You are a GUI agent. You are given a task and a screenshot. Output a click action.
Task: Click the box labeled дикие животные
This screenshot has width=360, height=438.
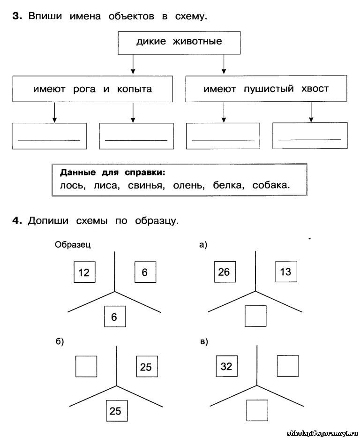point(179,43)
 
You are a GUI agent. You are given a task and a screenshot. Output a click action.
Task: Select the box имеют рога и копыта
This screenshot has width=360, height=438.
point(92,89)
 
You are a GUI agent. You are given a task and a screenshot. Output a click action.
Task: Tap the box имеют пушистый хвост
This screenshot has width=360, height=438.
point(266,89)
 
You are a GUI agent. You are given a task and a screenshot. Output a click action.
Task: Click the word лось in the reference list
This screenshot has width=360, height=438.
point(73,185)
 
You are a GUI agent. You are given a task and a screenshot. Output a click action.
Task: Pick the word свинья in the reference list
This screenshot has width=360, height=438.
point(146,186)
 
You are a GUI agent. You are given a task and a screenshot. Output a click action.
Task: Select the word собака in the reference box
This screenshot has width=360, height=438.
point(271,185)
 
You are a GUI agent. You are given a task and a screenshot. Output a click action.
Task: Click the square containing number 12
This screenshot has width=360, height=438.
point(84,272)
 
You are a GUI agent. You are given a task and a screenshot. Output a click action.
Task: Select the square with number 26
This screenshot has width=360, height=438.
point(225,272)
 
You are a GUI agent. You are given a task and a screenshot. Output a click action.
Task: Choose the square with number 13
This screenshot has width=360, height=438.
point(286,272)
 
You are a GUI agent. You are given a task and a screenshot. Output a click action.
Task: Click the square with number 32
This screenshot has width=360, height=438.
point(227,366)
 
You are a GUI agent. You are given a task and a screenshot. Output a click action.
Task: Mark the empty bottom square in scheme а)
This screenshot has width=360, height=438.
point(255,316)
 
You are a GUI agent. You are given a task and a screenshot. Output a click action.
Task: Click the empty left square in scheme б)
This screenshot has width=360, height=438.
point(86,366)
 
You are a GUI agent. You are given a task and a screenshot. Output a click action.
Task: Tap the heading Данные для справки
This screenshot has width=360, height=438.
point(112,173)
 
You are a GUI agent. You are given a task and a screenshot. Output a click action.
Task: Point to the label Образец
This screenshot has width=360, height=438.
point(73,245)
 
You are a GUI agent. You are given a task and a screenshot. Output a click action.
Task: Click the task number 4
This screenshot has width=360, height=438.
point(17,221)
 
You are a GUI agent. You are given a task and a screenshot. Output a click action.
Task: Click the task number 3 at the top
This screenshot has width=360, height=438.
point(17,16)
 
